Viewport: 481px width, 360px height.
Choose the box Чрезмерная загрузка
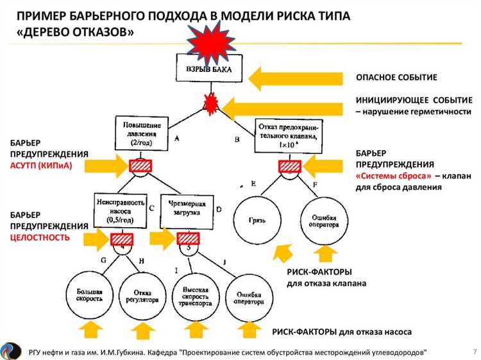click(x=186, y=208)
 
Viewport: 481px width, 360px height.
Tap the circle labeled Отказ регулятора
click(x=142, y=295)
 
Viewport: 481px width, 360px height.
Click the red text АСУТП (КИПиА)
click(x=39, y=165)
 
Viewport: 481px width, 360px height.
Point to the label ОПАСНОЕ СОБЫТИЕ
click(x=396, y=78)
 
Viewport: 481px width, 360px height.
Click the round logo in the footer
click(x=12, y=350)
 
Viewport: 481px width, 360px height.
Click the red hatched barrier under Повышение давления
click(x=141, y=166)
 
